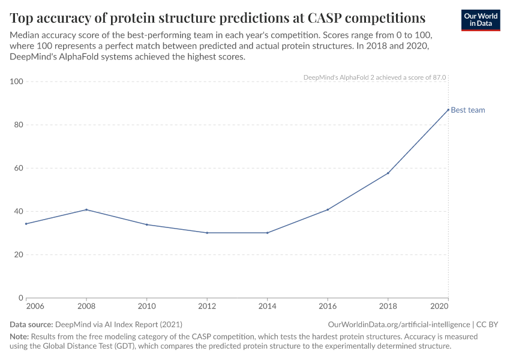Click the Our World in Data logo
pos(480,19)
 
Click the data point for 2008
pos(86,209)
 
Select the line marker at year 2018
pos(388,173)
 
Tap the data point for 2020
pos(448,110)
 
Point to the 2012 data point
pos(207,233)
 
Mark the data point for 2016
pos(328,209)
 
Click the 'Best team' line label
pos(468,110)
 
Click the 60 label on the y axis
pos(18,168)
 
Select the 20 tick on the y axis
pos(18,254)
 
